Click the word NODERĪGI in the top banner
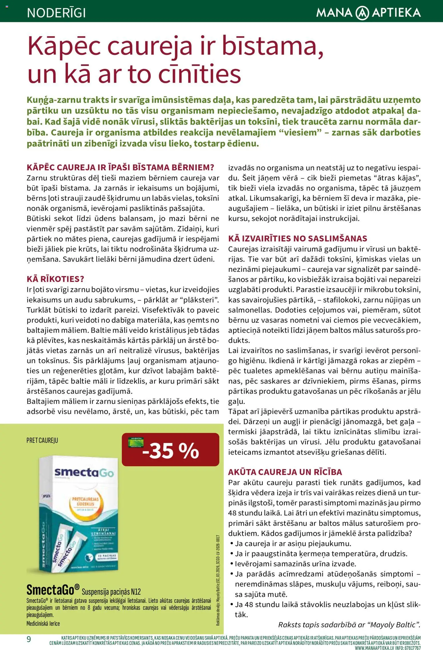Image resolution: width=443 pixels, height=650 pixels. click(x=56, y=13)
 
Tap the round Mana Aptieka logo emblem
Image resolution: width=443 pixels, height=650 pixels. click(x=362, y=13)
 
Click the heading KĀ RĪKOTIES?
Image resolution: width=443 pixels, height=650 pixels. click(x=55, y=279)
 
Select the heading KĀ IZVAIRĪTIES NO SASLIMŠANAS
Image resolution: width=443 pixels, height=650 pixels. click(x=298, y=238)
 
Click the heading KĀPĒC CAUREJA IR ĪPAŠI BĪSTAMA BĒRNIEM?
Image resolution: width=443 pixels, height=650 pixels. click(x=120, y=168)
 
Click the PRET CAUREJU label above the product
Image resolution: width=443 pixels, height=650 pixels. click(x=42, y=440)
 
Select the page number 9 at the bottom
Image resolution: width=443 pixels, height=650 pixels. click(x=29, y=639)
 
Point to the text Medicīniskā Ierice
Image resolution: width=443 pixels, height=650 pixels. click(x=43, y=623)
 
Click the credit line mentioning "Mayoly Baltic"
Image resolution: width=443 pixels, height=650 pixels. click(x=349, y=625)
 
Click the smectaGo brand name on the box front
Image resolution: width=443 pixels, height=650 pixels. click(x=84, y=472)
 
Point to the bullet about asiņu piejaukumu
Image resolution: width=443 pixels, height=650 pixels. click(x=293, y=543)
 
